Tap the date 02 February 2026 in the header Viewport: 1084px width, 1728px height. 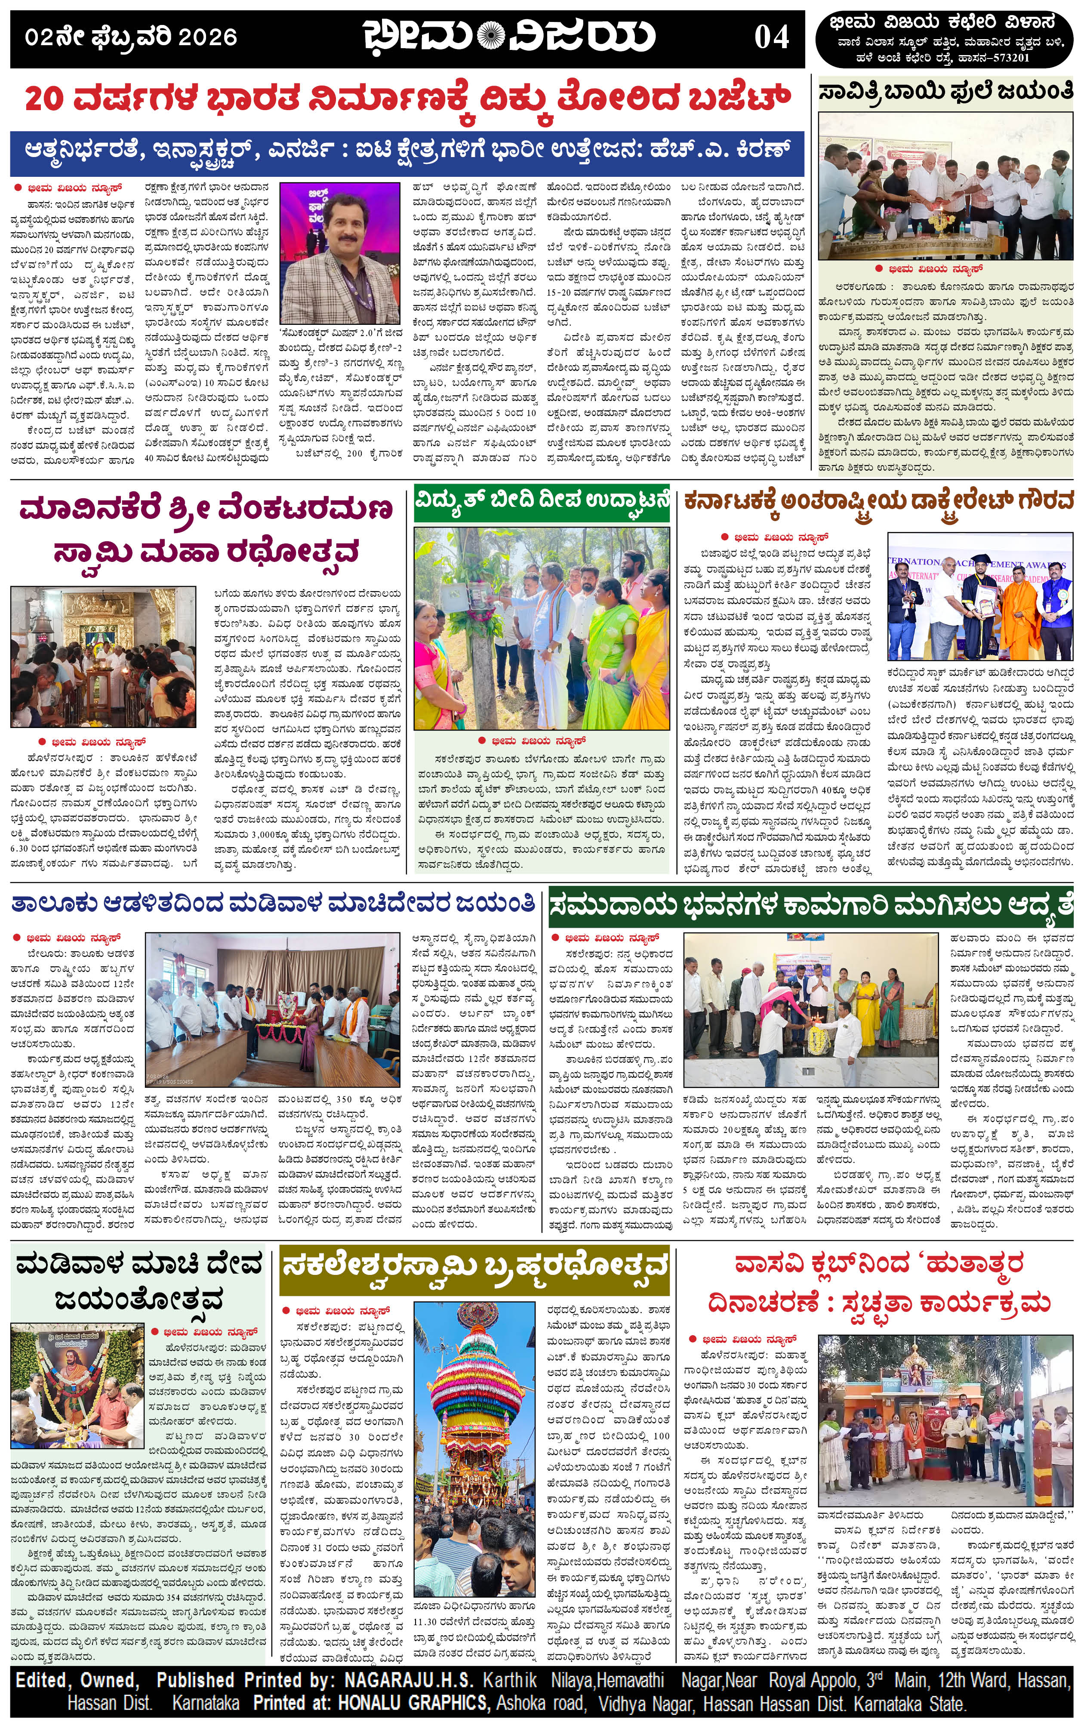click(131, 37)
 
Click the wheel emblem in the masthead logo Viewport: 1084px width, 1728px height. click(490, 36)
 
